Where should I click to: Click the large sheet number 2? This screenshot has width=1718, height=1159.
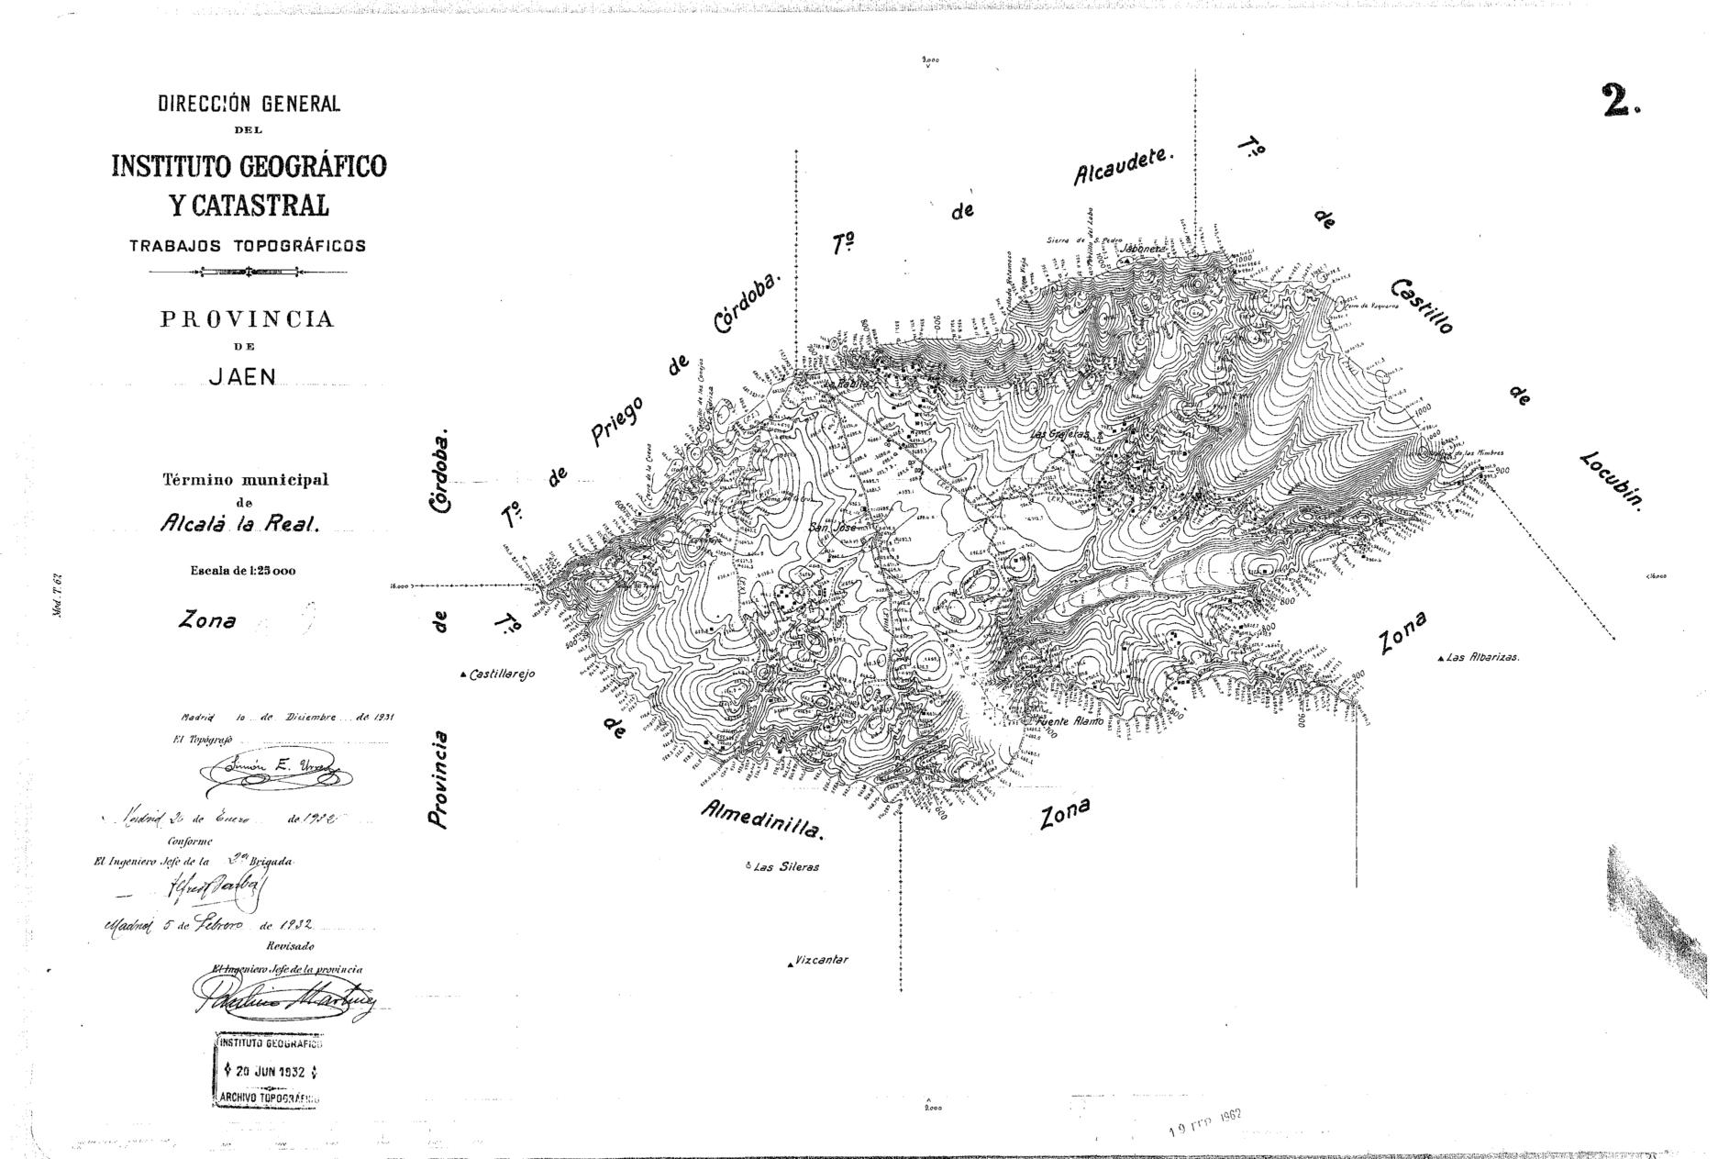1620,101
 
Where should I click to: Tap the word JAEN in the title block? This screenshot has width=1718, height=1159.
242,377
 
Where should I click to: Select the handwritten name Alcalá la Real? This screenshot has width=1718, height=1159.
239,525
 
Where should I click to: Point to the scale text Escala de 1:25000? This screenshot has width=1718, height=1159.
243,571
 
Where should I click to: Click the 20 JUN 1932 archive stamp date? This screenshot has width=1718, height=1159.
270,1072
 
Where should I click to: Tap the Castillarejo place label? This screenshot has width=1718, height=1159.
501,674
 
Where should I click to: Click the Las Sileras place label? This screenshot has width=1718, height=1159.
785,866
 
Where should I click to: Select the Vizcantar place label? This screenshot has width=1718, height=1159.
821,961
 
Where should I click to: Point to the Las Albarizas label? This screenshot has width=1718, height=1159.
1482,658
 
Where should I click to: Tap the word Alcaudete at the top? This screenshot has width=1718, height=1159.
1124,167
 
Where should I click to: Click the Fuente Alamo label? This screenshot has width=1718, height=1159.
1070,721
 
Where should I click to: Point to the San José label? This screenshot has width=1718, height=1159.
832,529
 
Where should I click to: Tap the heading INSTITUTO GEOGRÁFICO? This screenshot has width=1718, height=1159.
249,166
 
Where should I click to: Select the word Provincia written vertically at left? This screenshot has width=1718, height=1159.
441,780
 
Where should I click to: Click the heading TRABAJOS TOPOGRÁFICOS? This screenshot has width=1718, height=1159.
248,246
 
